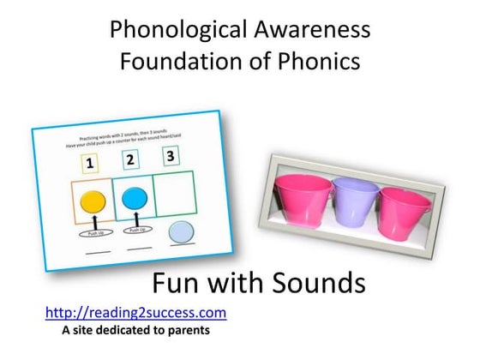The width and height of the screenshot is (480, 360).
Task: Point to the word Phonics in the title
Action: coord(321,63)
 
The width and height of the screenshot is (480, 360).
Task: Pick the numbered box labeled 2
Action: coord(130,159)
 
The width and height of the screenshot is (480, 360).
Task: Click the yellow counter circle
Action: coord(91,203)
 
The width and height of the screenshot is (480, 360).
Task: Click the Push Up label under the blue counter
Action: coord(137,230)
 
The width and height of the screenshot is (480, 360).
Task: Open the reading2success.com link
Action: coord(135,313)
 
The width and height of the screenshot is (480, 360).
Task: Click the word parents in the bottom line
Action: coord(187,329)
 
